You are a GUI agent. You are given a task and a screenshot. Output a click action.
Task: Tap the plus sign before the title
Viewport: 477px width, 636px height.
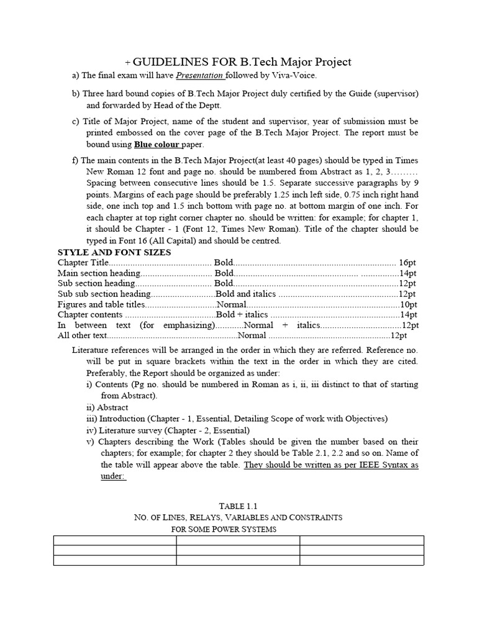click(x=128, y=63)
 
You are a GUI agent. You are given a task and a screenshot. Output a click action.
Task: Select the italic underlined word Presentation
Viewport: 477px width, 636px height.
click(x=199, y=76)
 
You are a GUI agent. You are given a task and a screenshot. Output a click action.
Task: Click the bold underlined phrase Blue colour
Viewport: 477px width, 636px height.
click(x=158, y=145)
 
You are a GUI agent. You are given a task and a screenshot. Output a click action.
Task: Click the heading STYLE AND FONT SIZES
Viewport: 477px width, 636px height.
click(x=114, y=252)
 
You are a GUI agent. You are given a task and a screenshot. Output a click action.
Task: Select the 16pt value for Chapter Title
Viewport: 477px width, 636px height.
click(x=409, y=263)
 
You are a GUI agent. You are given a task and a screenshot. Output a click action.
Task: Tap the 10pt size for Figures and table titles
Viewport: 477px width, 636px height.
click(x=409, y=304)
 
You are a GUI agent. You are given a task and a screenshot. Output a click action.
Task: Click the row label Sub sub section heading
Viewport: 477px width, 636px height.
click(x=104, y=294)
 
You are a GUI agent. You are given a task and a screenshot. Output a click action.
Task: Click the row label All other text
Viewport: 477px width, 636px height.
click(x=83, y=335)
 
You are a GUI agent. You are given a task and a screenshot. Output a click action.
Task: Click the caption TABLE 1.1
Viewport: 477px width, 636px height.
click(x=238, y=506)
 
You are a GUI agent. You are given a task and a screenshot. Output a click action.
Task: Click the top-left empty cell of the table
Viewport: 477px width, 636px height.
click(x=116, y=540)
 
